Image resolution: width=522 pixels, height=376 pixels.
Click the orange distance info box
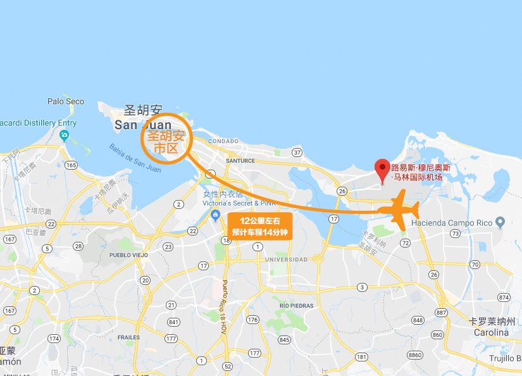coord(259,225)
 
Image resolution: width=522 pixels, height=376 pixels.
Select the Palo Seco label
coord(66,101)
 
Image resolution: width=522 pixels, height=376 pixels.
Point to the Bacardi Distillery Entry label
coord(38,123)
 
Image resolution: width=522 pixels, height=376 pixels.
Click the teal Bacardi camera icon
coord(64,135)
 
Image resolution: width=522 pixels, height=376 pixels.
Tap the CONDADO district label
coord(223,141)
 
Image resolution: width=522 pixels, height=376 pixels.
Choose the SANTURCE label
coord(240,161)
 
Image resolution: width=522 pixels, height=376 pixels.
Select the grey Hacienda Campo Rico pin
coord(500,222)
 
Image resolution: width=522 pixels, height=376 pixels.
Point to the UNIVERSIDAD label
coord(286,260)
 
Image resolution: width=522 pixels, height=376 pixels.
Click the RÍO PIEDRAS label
coord(297,305)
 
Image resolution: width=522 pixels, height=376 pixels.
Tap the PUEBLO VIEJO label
coord(128,255)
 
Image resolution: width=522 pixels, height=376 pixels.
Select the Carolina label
coord(492,332)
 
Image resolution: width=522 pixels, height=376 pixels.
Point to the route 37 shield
coord(297,153)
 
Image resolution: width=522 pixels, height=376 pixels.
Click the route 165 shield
coord(71,165)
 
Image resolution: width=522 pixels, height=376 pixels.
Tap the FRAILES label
coord(128,337)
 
